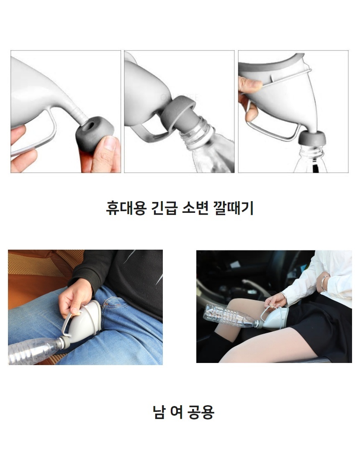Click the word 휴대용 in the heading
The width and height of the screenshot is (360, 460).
(126, 208)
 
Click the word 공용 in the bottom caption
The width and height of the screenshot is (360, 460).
(201, 412)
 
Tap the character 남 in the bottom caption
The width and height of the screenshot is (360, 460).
(159, 412)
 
